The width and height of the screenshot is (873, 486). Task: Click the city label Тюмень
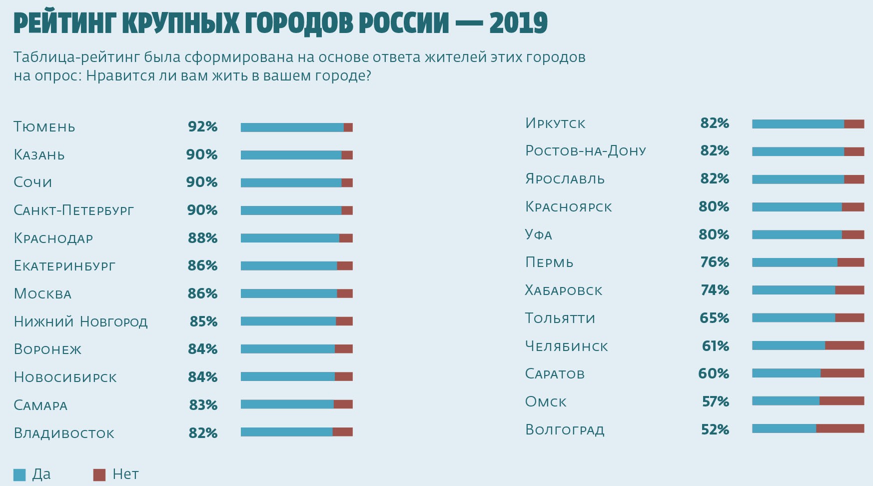pos(44,127)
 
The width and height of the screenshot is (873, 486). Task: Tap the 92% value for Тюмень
pos(202,127)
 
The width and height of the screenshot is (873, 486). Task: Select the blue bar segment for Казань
pos(291,155)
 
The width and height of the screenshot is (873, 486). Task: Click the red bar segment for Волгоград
pos(840,428)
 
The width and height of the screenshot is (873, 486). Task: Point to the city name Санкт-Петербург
pos(73,210)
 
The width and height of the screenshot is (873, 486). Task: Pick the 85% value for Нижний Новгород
pos(203,321)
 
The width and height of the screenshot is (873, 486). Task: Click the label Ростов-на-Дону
pos(586,151)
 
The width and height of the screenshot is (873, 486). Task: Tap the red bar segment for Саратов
pos(842,373)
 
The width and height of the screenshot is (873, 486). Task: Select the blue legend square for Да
pos(19,474)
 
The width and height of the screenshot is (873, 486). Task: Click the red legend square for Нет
pos(99,474)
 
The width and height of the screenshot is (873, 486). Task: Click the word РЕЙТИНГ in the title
pos(64,23)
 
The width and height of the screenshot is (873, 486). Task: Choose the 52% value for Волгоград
pos(715,429)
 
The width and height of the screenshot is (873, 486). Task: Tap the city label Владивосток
pos(64,433)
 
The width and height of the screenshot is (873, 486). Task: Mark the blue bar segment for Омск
pos(786,401)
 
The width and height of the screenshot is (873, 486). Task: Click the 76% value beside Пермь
pos(715,262)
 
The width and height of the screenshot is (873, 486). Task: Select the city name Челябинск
pos(566,346)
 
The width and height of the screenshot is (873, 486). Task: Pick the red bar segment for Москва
pos(345,293)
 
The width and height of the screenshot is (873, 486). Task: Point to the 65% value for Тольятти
pos(714,318)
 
